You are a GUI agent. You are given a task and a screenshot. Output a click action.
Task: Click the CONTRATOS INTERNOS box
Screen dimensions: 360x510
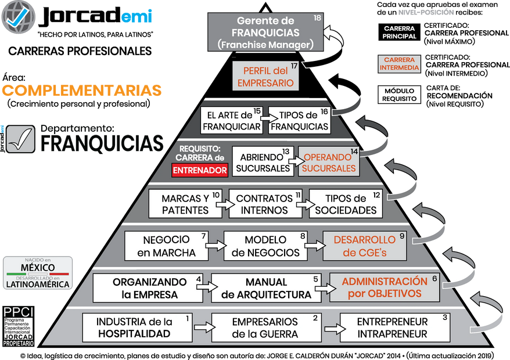[265, 203]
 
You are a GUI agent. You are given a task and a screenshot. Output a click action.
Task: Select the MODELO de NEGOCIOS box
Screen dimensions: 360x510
[265, 246]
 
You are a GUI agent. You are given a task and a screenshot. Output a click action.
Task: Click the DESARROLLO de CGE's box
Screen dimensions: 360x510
[365, 246]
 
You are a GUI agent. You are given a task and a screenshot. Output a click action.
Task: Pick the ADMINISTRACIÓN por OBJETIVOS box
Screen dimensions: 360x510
[385, 287]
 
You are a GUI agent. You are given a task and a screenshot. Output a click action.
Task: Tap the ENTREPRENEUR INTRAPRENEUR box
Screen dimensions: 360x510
[392, 328]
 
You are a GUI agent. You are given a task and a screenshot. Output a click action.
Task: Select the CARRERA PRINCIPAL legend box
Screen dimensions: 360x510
[400, 33]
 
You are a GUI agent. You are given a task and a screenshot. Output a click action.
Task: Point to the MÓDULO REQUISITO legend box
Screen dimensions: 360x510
[400, 95]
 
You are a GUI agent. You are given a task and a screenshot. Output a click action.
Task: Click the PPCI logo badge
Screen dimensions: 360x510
[18, 326]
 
